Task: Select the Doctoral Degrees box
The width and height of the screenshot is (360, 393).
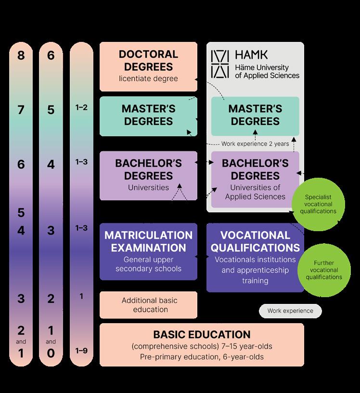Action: (148, 66)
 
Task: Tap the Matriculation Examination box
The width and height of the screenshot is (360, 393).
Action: (148, 251)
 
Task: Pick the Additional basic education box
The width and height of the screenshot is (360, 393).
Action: (148, 305)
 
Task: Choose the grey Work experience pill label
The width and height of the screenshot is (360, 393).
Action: (290, 311)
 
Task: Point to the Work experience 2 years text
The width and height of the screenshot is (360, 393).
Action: (255, 144)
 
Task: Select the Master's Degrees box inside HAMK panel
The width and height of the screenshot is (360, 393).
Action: (255, 116)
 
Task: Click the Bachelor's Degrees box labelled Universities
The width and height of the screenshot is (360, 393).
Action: (148, 175)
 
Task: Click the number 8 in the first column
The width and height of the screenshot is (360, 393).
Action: (21, 56)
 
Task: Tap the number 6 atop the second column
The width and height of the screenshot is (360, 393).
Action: (51, 56)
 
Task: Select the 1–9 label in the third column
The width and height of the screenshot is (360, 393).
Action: (81, 351)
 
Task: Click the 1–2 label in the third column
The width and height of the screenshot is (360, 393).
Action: (81, 108)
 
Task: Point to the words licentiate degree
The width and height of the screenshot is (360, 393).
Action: (148, 78)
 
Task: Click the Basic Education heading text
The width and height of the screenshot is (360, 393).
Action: (202, 334)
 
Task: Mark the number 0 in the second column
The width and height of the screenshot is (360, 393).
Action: (51, 354)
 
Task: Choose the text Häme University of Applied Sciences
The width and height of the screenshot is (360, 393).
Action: (267, 71)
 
